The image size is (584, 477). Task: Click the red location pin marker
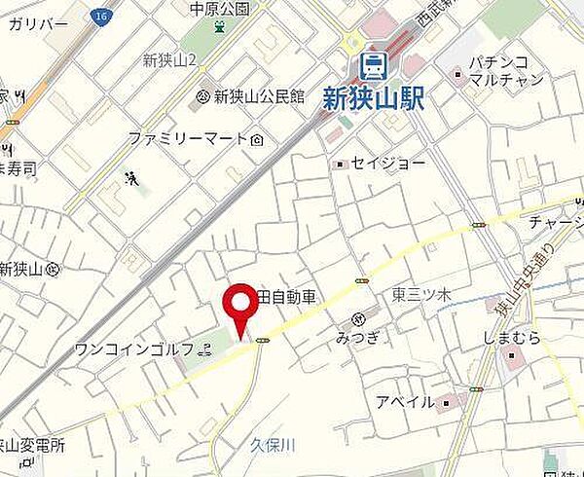[x=237, y=309]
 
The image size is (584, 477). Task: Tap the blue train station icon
[x=372, y=65]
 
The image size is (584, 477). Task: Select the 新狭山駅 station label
[x=374, y=97]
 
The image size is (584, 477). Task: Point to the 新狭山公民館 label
[x=259, y=95]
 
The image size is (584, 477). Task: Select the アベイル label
[x=406, y=401]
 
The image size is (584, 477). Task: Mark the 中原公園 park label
[x=220, y=9]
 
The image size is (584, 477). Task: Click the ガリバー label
[x=38, y=22]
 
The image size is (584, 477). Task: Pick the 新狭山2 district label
[x=169, y=60]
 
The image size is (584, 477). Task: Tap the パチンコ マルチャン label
[x=505, y=70]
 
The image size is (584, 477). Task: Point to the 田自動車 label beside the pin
[x=287, y=297]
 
